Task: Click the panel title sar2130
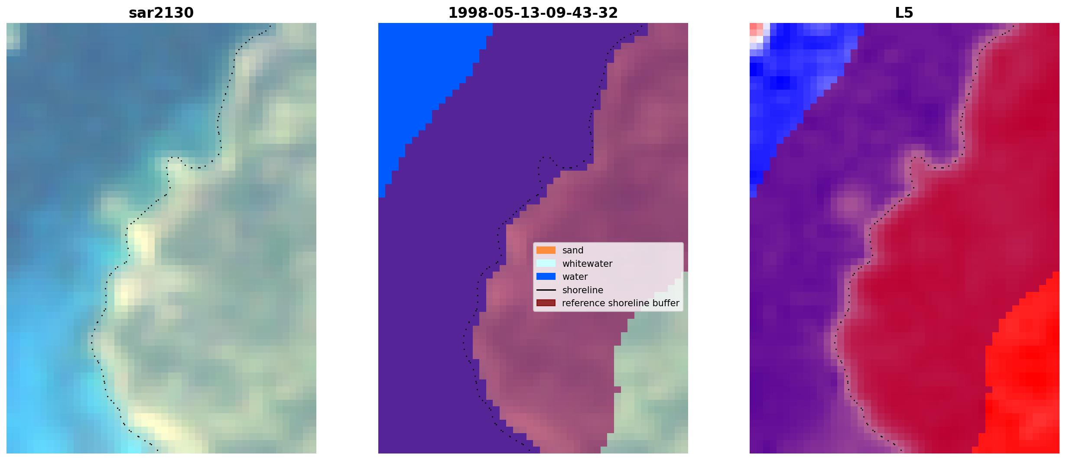(x=161, y=13)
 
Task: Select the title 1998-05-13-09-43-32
(x=533, y=13)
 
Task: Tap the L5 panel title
(x=904, y=13)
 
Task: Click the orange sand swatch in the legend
(x=546, y=250)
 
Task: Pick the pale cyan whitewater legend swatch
(x=546, y=263)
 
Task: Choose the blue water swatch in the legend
(x=546, y=276)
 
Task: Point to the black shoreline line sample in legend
(x=546, y=290)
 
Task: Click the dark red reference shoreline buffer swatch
(x=546, y=303)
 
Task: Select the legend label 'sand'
(x=573, y=250)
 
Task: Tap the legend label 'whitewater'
(x=587, y=263)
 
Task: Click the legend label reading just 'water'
(x=575, y=277)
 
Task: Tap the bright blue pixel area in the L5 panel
(x=793, y=78)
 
